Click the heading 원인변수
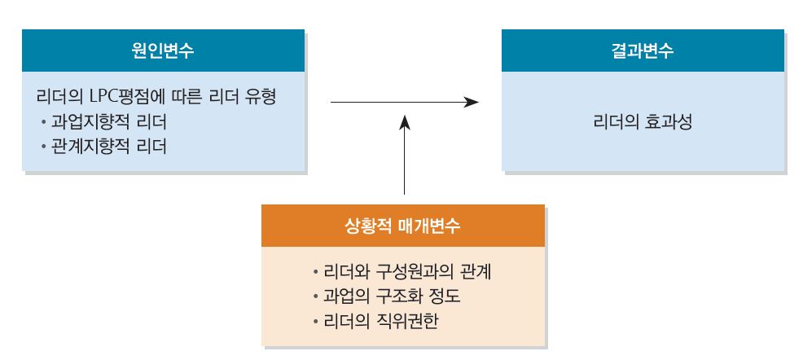164,50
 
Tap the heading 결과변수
643,50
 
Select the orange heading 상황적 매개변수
403,225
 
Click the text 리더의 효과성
643,125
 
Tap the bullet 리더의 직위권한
381,318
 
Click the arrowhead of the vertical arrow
404,122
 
